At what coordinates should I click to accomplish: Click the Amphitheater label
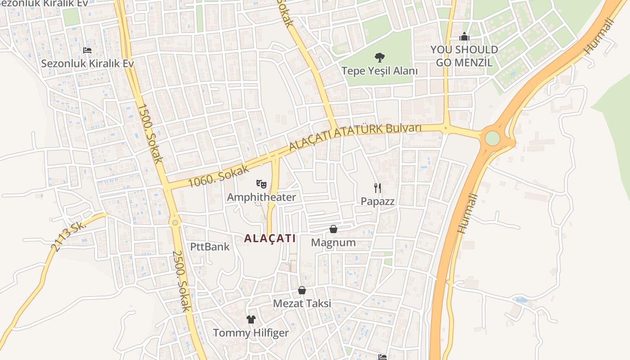pos(261,197)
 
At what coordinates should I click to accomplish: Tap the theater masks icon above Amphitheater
pos(261,184)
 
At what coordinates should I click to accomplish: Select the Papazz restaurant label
pos(378,201)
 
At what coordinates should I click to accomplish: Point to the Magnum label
pos(333,243)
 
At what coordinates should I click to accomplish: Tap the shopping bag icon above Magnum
pos(333,229)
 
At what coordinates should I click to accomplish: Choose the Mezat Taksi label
pos(302,303)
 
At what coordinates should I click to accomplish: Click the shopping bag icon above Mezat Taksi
pos(302,290)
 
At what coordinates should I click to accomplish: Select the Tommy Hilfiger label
pos(251,333)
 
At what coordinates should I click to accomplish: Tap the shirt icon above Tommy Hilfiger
pos(251,319)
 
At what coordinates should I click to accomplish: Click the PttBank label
pos(210,247)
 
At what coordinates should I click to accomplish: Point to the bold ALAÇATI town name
pos(270,238)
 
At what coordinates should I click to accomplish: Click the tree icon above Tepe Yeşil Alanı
pos(380,57)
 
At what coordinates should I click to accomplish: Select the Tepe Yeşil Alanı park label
pos(380,71)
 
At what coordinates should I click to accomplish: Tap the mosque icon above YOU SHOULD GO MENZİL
pos(464,36)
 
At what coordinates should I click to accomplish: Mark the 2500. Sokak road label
pos(182,281)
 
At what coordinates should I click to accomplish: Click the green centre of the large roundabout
pos(492,138)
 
